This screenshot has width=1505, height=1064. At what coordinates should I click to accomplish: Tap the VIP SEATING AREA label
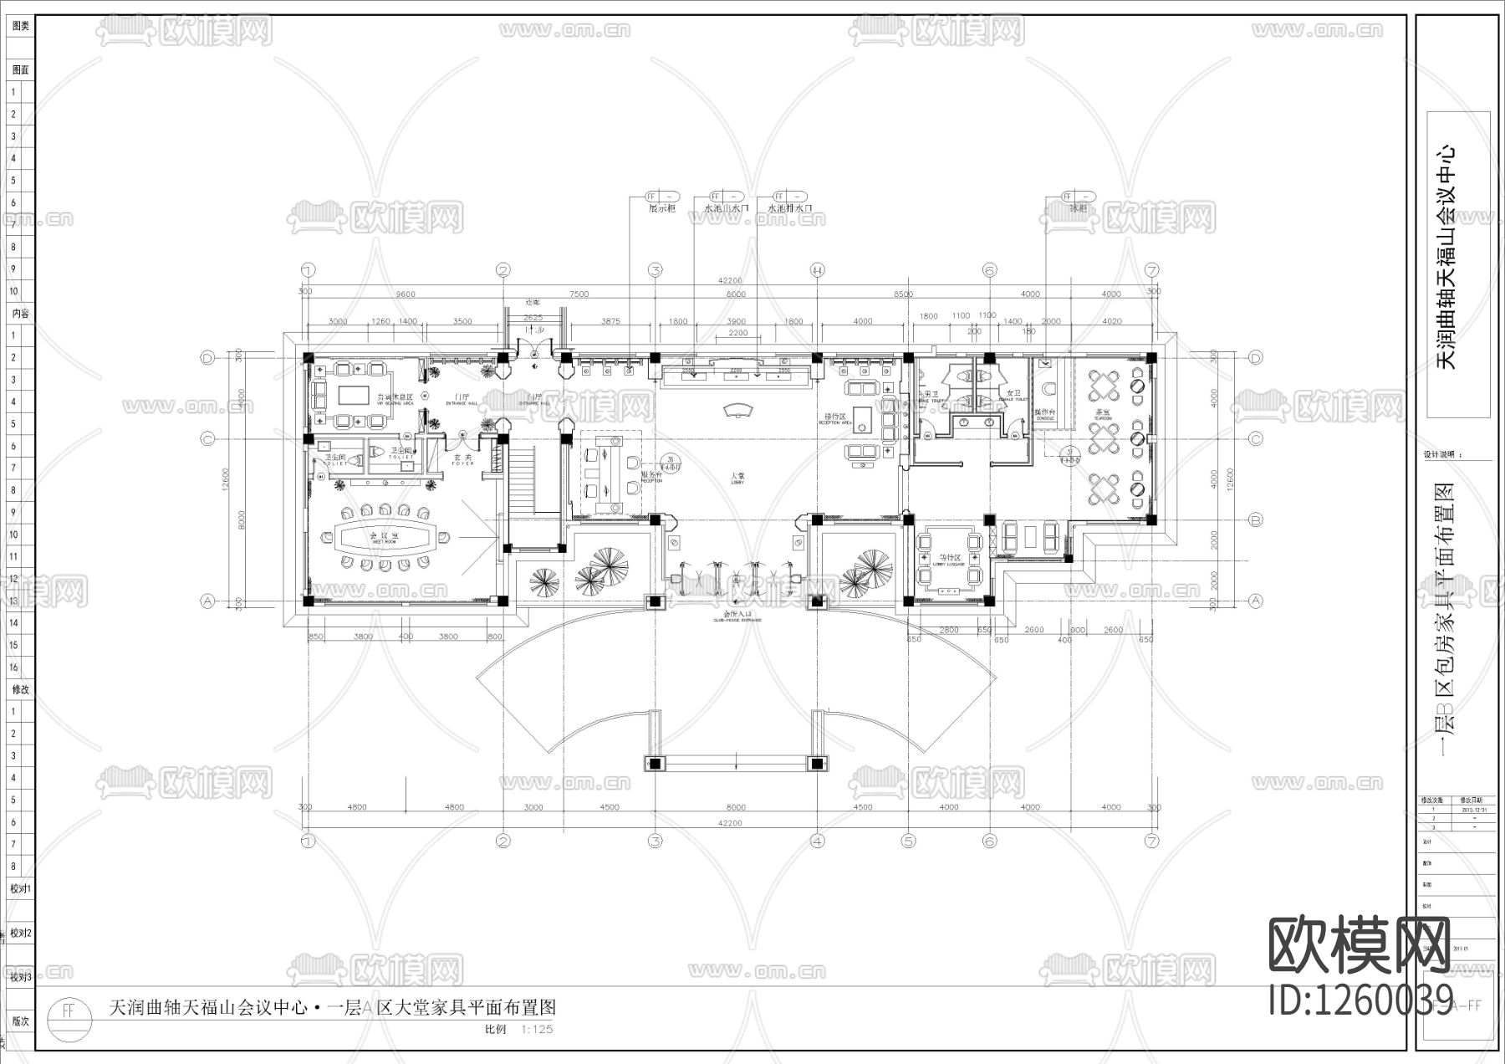click(395, 403)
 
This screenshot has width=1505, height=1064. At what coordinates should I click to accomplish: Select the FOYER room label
click(462, 463)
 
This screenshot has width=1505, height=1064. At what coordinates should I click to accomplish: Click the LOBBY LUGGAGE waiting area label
click(948, 564)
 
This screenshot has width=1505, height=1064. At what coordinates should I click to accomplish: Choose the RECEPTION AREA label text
click(835, 423)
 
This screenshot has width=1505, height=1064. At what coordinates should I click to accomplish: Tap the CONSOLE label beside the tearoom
click(1045, 418)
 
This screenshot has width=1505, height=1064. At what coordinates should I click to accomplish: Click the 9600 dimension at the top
click(406, 294)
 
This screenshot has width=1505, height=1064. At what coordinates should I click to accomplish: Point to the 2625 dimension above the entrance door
click(533, 318)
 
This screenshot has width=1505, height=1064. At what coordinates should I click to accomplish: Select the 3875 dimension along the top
click(610, 321)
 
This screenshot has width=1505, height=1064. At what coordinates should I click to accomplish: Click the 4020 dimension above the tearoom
click(1111, 321)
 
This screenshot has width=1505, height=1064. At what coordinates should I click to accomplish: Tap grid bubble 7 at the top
click(1153, 270)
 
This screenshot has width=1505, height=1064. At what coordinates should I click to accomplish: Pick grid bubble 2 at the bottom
click(503, 841)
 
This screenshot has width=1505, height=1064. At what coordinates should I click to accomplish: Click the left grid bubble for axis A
click(208, 601)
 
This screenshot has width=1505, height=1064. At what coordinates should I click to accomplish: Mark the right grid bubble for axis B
click(1255, 519)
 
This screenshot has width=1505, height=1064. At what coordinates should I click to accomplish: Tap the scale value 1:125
click(537, 1030)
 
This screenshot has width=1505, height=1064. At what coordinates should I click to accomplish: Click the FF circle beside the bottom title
click(69, 1010)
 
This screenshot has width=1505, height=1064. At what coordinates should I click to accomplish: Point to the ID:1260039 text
click(1349, 1000)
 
